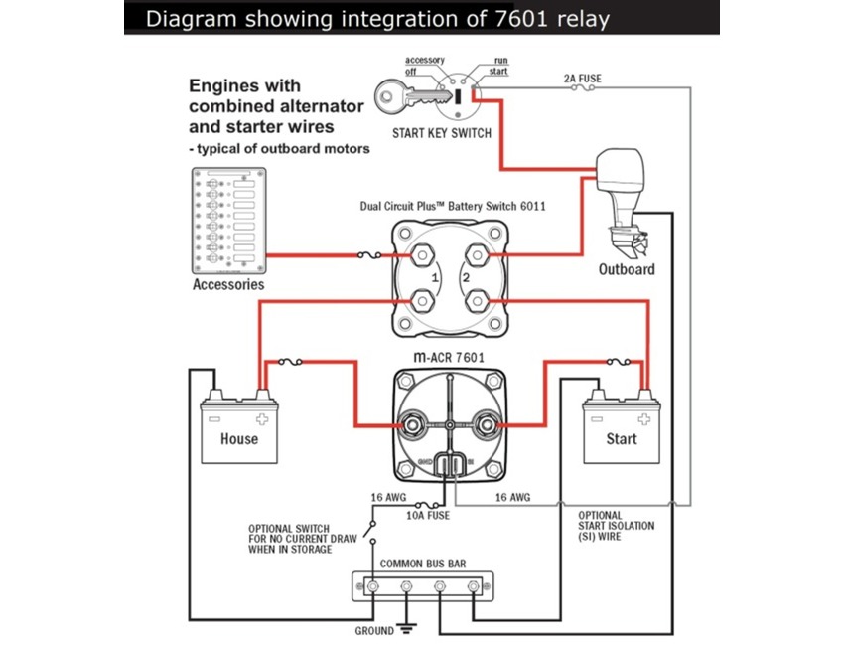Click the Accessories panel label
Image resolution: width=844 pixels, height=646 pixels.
click(228, 285)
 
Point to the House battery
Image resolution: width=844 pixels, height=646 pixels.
click(239, 430)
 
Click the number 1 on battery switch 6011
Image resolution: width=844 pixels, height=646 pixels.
click(435, 278)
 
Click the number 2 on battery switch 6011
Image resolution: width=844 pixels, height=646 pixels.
click(466, 278)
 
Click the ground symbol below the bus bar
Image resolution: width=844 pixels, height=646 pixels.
click(404, 629)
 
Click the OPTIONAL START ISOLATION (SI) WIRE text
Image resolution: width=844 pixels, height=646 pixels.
click(616, 526)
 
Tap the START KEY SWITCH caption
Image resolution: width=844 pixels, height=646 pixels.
click(442, 133)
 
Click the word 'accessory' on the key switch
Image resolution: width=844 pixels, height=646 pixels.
click(424, 60)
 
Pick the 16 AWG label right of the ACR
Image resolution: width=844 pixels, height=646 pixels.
click(512, 495)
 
